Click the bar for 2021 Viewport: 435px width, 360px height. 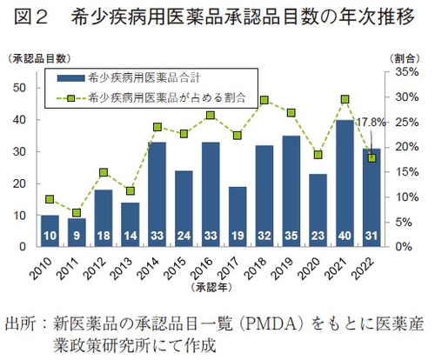point(345,183)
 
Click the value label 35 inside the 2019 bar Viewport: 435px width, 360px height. point(291,235)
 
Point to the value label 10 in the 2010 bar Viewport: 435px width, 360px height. point(50,235)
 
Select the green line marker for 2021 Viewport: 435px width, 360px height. point(345,99)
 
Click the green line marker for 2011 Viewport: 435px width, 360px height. point(77,213)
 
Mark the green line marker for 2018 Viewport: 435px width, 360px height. point(264,101)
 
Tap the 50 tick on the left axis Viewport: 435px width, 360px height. point(18,87)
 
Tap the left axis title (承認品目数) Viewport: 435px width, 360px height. point(37,58)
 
